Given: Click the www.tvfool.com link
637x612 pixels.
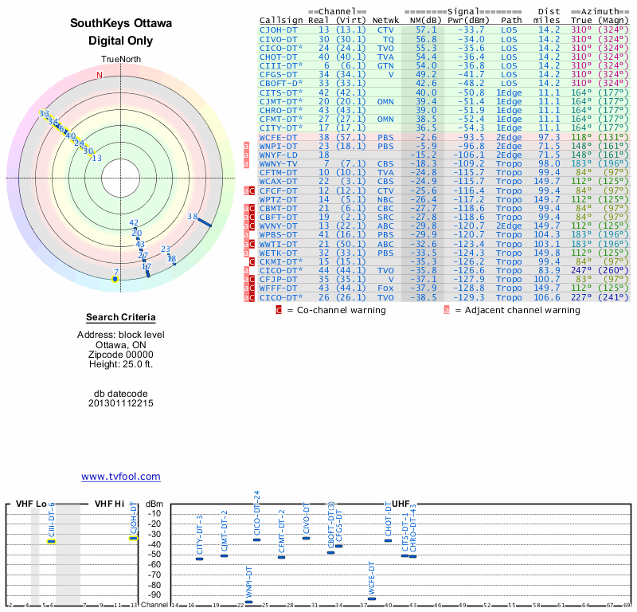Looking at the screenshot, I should [120, 477].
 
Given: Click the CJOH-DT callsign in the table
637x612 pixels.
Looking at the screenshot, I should [279, 29].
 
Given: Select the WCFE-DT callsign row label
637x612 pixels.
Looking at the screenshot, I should [279, 137].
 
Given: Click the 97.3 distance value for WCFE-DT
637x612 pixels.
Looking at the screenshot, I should [549, 137].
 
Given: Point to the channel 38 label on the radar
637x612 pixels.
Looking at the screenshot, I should [192, 216].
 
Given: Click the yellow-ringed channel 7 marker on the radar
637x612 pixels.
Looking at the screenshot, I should [115, 279].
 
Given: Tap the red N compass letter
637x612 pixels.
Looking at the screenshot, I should [100, 75].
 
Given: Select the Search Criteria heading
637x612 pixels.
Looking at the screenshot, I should [121, 317].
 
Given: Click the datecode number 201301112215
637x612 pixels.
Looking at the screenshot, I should [121, 403].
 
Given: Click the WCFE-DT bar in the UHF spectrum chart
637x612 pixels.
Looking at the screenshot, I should [371, 598].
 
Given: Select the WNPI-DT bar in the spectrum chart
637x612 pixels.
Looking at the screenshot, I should [248, 602].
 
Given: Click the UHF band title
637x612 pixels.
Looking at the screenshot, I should [401, 504].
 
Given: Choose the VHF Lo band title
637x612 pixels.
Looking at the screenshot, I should [31, 504].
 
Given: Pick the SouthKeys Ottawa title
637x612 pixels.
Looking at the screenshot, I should [120, 23].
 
